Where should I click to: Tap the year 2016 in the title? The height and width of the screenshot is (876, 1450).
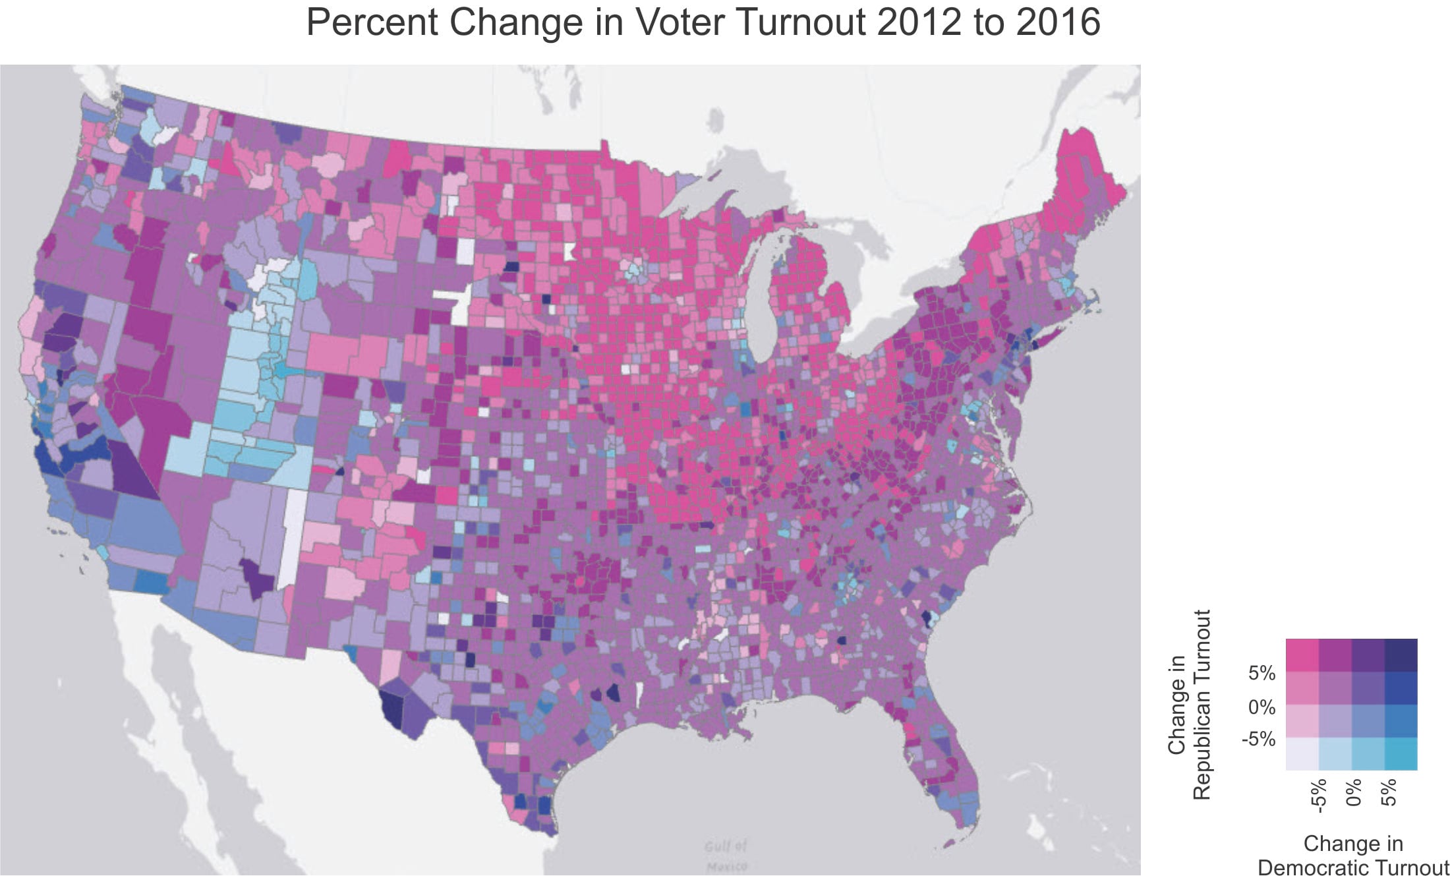tap(1058, 22)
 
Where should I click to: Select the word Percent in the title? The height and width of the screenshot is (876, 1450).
tap(372, 22)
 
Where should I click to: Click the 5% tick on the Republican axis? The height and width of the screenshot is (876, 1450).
tap(1261, 674)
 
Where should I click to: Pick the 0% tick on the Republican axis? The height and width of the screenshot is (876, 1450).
tap(1261, 708)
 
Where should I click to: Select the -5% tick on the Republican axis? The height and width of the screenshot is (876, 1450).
tap(1258, 740)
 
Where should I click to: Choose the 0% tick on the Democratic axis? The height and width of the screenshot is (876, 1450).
tap(1352, 792)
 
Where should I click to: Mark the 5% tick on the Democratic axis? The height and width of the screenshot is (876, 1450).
tap(1388, 792)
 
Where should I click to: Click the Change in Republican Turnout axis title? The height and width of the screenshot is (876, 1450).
tap(1189, 705)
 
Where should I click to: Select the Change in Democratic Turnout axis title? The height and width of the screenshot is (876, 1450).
tap(1353, 855)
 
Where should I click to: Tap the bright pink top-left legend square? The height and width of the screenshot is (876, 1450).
tap(1302, 655)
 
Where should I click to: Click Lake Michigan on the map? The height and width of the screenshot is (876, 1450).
tap(764, 310)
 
